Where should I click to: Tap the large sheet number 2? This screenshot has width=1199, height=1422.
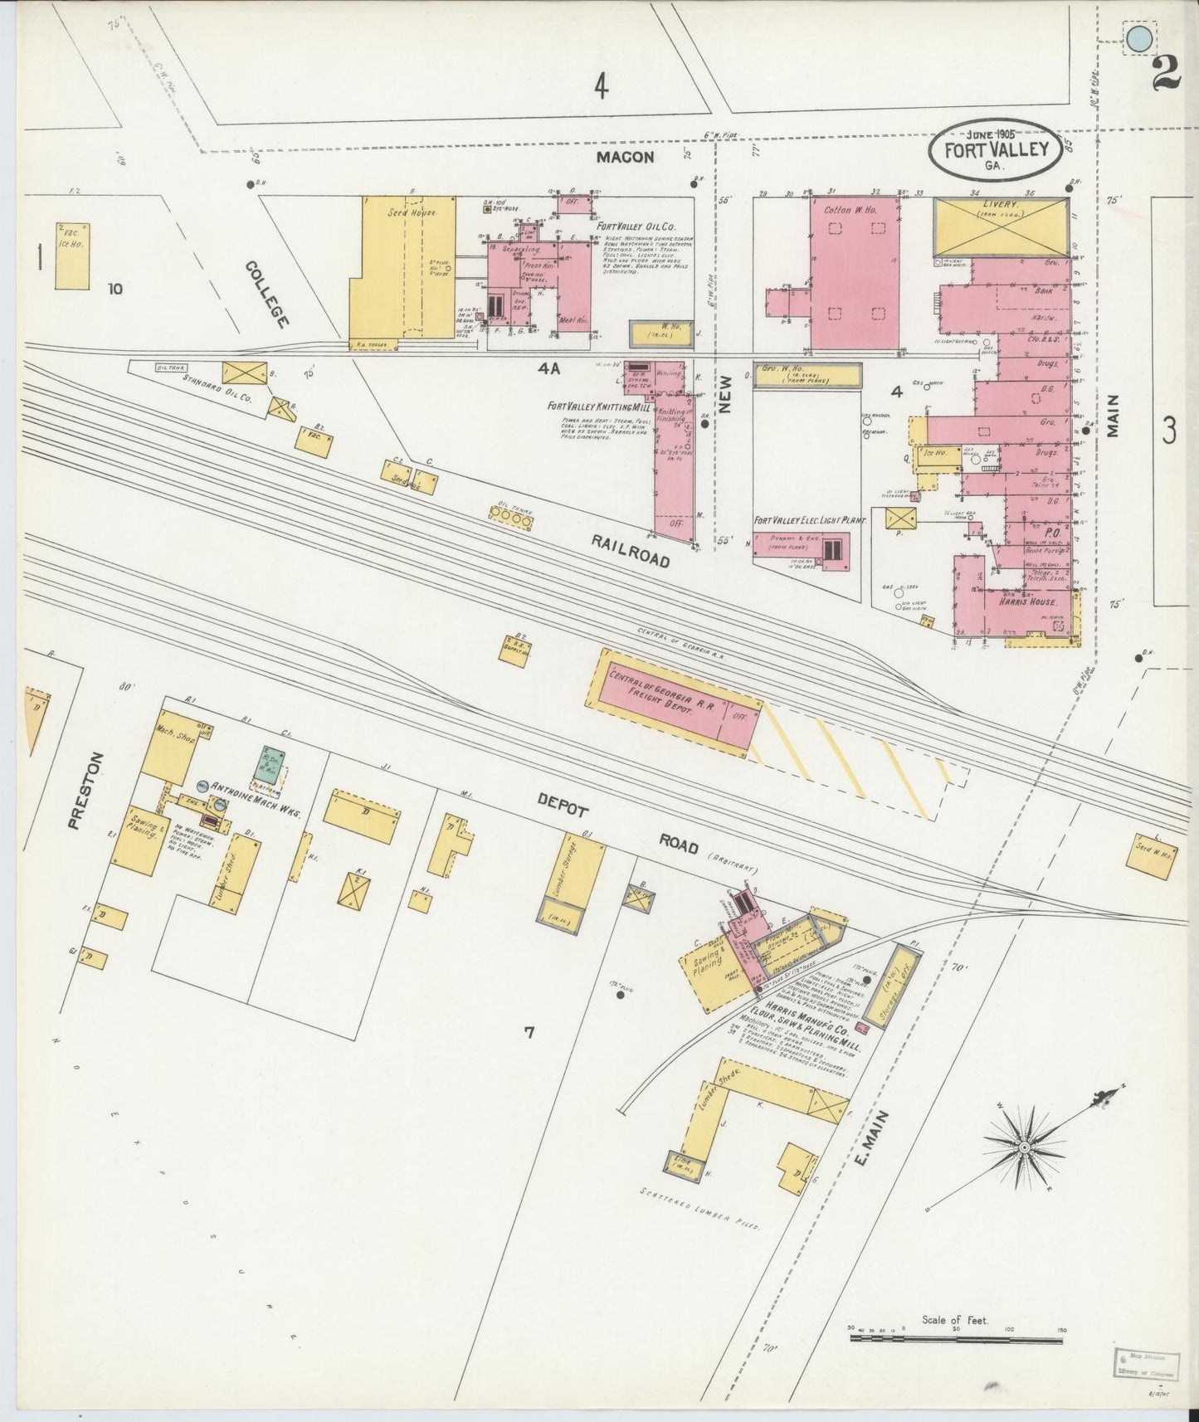pos(1166,71)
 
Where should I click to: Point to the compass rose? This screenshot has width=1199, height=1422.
pos(1025,1147)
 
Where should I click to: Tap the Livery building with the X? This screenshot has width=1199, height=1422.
pos(1001,226)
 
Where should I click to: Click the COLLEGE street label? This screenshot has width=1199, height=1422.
pos(267,295)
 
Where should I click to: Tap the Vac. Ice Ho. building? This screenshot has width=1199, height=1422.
pos(73,255)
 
